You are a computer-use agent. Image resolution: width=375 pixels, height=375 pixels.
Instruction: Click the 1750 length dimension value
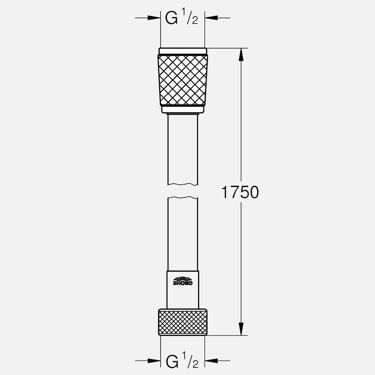pos(240,192)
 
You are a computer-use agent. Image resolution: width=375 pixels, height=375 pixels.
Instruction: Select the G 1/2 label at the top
pos(182,19)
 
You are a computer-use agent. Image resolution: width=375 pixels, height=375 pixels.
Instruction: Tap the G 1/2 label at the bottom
pos(182,361)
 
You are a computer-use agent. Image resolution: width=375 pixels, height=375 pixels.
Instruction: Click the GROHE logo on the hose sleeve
pos(183,281)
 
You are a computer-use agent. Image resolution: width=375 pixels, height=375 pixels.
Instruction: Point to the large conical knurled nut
pos(183,80)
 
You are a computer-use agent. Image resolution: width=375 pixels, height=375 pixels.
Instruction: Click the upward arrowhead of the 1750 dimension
pos(241,54)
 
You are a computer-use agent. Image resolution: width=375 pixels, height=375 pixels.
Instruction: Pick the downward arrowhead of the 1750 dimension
pos(241,329)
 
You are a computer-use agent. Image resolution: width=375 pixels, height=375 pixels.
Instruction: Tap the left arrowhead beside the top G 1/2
pos(154,18)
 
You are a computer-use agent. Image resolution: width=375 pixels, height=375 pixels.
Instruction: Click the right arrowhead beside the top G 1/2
pos(211,18)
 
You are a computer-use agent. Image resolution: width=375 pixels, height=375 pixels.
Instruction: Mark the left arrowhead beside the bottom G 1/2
pos(154,360)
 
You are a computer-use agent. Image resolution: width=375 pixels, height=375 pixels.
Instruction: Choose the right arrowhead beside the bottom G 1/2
pos(211,360)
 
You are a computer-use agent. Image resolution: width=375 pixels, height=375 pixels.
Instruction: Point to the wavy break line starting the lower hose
pos(183,198)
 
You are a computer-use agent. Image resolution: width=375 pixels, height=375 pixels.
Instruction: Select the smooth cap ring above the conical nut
pos(183,51)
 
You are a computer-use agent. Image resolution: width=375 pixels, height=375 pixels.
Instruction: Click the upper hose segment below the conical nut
pos(183,149)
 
